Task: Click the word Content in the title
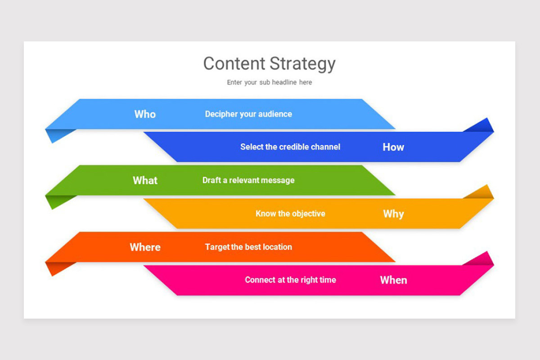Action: click(234, 63)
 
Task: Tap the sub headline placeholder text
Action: click(269, 82)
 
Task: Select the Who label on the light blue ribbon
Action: click(145, 114)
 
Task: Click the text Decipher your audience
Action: click(248, 114)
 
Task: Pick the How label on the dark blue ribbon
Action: click(393, 147)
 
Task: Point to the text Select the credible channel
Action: click(290, 147)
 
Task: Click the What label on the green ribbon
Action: click(145, 180)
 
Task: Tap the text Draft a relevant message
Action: click(248, 180)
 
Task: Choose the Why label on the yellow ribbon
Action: click(393, 214)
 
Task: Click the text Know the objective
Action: click(290, 214)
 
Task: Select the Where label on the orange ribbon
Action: click(145, 247)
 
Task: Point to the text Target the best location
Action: click(248, 247)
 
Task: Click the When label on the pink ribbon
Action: click(393, 280)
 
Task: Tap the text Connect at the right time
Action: click(290, 280)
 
